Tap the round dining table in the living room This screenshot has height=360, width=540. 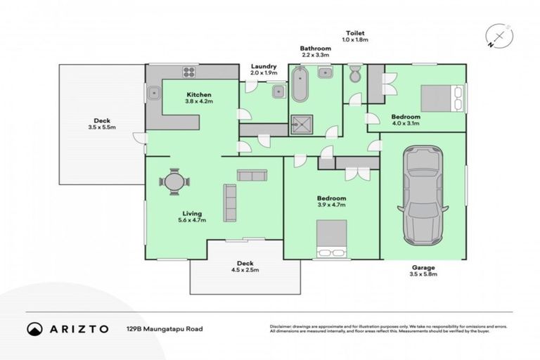174,181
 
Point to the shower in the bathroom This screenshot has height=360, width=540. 303,124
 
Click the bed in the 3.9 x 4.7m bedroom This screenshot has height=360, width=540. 330,238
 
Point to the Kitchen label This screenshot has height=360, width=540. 198,94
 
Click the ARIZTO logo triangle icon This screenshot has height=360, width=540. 34,328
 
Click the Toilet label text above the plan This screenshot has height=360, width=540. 354,33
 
